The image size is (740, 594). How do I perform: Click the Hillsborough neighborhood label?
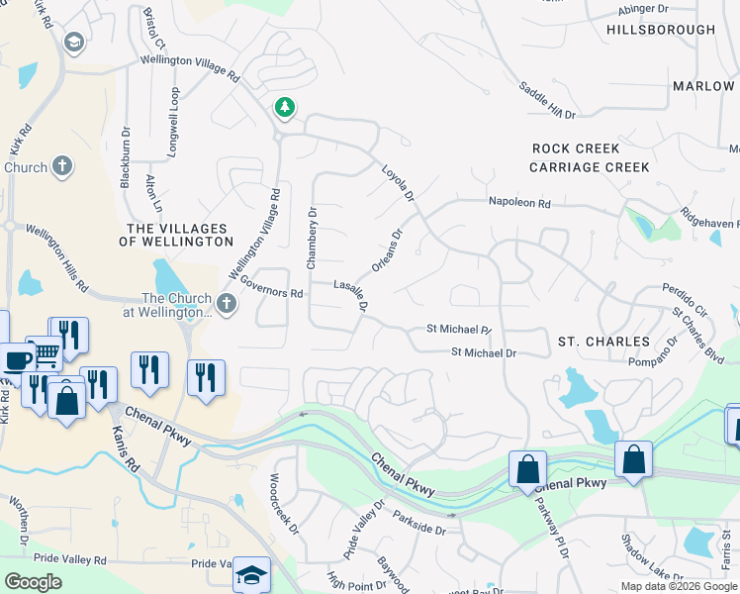point(661,30)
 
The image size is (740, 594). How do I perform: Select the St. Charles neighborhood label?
point(603,342)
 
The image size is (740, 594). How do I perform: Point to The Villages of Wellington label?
point(176,234)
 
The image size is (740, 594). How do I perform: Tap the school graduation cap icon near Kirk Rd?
point(73,43)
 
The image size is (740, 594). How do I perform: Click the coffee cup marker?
point(16,360)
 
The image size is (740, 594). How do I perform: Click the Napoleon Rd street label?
point(518,202)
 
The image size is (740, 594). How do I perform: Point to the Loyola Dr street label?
point(398,185)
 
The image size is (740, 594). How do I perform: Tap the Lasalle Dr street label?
point(351,294)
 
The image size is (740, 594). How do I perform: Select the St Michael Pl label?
point(458,329)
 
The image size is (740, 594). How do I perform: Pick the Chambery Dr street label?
point(311,239)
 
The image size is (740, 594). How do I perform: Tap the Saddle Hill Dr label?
point(547,100)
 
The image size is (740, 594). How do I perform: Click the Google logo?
point(33,582)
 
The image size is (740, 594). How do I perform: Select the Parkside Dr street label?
point(419,523)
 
